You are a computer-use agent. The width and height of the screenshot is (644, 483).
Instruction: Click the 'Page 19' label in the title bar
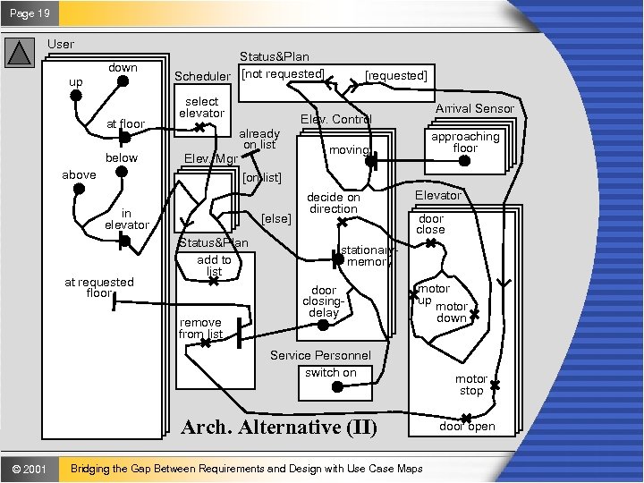click(x=31, y=13)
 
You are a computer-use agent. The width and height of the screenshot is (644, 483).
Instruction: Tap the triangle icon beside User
click(x=20, y=53)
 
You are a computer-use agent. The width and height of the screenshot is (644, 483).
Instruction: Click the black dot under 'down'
click(x=123, y=81)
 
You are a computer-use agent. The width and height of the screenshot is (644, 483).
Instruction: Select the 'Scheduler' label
click(x=202, y=75)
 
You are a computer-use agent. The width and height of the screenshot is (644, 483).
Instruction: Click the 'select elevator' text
click(x=201, y=107)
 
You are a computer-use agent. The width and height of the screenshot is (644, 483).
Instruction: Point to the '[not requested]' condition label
click(x=284, y=72)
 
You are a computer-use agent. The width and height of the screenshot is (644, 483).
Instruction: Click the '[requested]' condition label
click(x=396, y=75)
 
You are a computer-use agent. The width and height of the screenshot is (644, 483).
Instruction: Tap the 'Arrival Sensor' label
click(x=475, y=108)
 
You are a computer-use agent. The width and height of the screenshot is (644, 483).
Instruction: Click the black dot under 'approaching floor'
click(x=464, y=161)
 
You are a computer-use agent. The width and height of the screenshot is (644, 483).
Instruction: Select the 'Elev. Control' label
click(x=335, y=119)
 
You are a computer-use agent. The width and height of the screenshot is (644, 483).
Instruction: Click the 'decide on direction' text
click(x=334, y=203)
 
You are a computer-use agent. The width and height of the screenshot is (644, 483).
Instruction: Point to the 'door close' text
click(x=430, y=224)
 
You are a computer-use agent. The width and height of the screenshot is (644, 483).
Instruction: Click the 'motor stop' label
click(x=471, y=385)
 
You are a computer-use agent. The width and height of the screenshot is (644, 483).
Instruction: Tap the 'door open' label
click(x=466, y=426)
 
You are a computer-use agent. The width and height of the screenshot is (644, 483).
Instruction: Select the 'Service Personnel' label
click(x=320, y=355)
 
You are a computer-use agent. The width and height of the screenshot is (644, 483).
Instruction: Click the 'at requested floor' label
click(x=98, y=287)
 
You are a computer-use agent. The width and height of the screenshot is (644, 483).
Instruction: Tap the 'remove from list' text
click(x=200, y=328)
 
